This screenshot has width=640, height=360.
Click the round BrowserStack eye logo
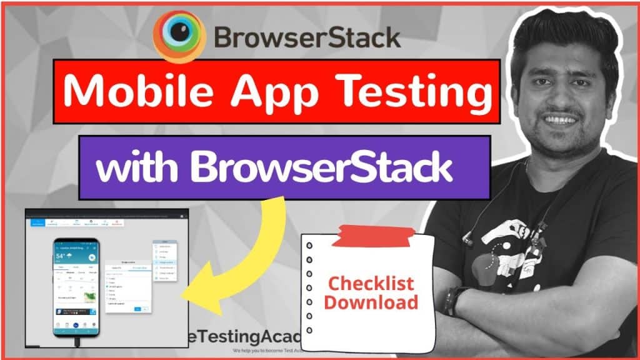(179, 37)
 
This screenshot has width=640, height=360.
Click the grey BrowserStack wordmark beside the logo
(307, 37)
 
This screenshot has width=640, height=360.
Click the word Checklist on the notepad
(371, 284)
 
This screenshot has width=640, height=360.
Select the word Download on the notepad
(371, 302)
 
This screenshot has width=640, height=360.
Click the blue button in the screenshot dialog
(145, 309)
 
